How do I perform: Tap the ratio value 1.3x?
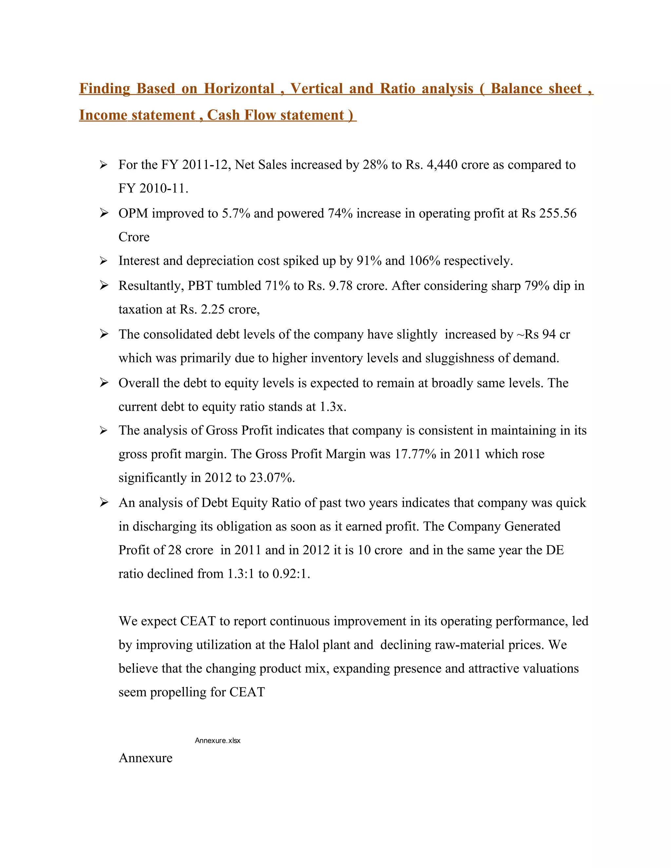click(x=333, y=407)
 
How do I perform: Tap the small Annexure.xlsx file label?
click(x=218, y=741)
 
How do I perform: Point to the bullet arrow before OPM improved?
click(x=104, y=214)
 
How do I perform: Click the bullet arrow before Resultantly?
click(x=104, y=286)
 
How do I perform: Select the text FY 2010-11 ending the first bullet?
click(x=153, y=188)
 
